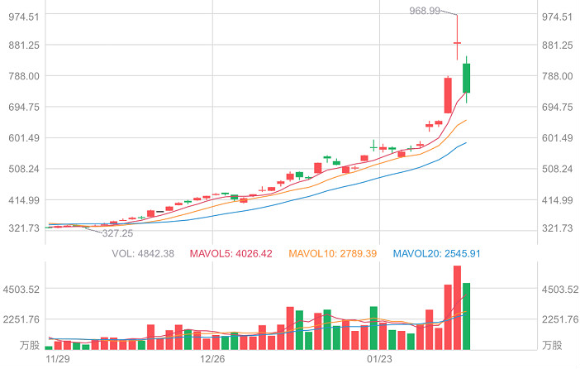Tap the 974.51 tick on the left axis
[x=24, y=17]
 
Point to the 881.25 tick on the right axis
[x=556, y=46]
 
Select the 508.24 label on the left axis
[x=24, y=169]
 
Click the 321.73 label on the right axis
[x=556, y=228]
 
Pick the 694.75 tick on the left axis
[x=24, y=108]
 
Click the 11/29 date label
[x=57, y=359]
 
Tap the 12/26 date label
[x=213, y=359]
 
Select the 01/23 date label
[x=378, y=359]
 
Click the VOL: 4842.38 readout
[x=142, y=253]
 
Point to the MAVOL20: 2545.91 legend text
[x=435, y=253]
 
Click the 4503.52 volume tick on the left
[x=24, y=290]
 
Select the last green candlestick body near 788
[x=466, y=78]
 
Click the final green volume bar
[x=466, y=316]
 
